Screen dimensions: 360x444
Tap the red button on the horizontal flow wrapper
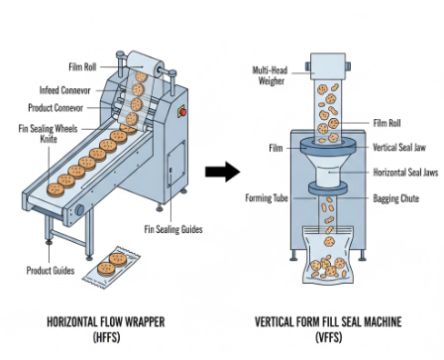pyautogui.click(x=180, y=112)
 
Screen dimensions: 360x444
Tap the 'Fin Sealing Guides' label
pyautogui.click(x=173, y=230)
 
